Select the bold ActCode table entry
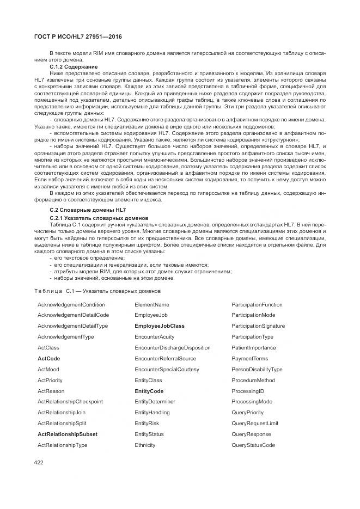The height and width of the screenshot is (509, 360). [x=48, y=359]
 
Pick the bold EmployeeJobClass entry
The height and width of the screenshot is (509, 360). [x=159, y=326]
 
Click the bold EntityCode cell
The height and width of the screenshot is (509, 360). [x=149, y=391]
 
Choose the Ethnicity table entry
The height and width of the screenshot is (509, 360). [x=145, y=445]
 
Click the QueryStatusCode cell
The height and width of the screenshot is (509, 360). [x=253, y=445]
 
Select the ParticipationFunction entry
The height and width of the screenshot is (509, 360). [x=257, y=304]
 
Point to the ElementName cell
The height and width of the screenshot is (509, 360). [x=151, y=304]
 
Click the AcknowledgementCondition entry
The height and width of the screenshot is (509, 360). [x=71, y=304]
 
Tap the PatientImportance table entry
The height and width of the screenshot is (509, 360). [x=253, y=348]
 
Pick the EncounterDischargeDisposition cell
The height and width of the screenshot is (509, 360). [x=172, y=348]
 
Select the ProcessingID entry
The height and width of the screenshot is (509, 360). [x=247, y=391]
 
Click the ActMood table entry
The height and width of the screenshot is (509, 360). [x=48, y=370]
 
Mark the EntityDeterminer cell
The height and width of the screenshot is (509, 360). [x=155, y=402]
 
